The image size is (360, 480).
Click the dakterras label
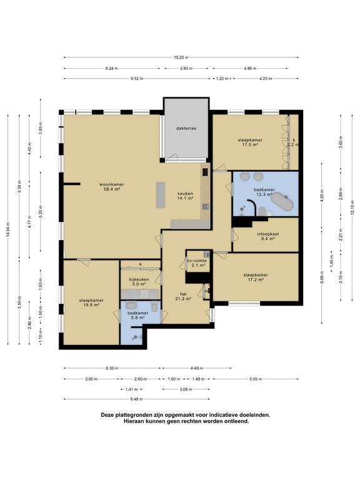click(186, 128)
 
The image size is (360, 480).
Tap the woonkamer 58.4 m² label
click(111, 187)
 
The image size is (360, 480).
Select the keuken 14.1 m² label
click(185, 196)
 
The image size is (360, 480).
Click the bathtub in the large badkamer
click(282, 201)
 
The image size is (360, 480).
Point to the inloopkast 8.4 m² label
click(267, 237)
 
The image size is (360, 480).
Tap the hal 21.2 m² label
click(183, 296)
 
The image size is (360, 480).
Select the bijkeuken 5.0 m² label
click(139, 282)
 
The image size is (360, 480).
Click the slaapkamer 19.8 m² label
click(91, 302)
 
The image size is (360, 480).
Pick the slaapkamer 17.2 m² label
click(256, 277)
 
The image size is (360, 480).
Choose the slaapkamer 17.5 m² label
click(250, 142)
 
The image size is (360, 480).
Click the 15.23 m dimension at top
click(181, 57)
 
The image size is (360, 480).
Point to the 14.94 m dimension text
click(8, 229)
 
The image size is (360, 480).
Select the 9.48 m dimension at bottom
click(136, 399)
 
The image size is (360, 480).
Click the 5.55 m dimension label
click(256, 379)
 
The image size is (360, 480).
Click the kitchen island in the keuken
click(161, 195)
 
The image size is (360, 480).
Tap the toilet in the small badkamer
click(154, 306)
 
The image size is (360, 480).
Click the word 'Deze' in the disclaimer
click(107, 415)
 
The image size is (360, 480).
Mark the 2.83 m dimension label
click(186, 69)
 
